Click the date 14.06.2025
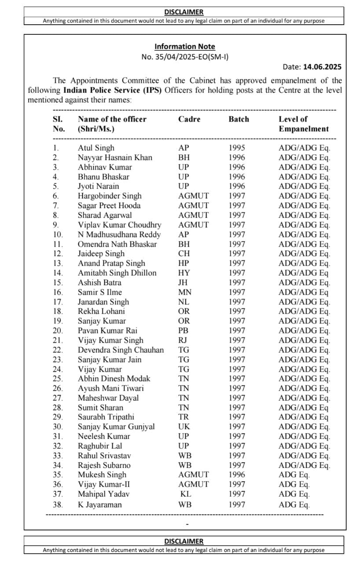pyautogui.click(x=322, y=67)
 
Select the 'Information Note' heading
pyautogui.click(x=184, y=47)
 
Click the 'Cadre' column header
pyautogui.click(x=189, y=119)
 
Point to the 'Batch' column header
pyautogui.click(x=239, y=119)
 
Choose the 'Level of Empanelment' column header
pyautogui.click(x=303, y=124)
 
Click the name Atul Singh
pyautogui.click(x=96, y=148)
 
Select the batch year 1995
pyautogui.click(x=237, y=148)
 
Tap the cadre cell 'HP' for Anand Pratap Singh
pyautogui.click(x=184, y=263)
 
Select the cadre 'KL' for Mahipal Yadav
pyautogui.click(x=185, y=494)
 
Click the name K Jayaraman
pyautogui.click(x=100, y=505)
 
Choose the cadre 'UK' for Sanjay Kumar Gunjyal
pyautogui.click(x=184, y=427)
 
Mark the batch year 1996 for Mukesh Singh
pyautogui.click(x=237, y=475)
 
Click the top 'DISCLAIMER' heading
pyautogui.click(x=184, y=12)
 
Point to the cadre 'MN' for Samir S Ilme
pyautogui.click(x=184, y=292)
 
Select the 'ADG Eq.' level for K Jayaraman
pyautogui.click(x=294, y=505)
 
